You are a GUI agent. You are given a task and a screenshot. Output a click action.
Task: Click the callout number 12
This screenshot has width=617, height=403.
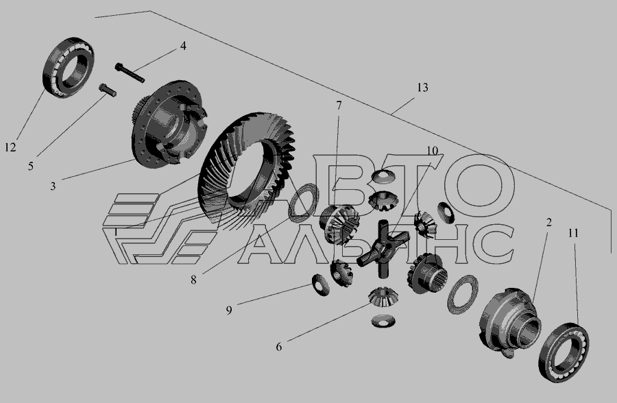click(10, 147)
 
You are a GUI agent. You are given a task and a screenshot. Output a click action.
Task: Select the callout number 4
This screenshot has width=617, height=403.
click(183, 46)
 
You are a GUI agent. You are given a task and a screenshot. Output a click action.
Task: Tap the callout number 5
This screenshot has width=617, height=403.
click(31, 166)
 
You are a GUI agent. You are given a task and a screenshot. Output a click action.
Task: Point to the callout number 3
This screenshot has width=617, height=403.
click(53, 186)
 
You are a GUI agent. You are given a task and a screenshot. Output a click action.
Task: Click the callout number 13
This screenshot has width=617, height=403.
click(422, 87)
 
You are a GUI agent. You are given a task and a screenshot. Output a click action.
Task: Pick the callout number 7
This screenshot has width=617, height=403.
click(339, 106)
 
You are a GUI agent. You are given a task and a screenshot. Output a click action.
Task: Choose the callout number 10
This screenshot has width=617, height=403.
click(432, 151)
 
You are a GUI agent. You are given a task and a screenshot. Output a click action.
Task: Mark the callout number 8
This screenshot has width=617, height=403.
click(193, 280)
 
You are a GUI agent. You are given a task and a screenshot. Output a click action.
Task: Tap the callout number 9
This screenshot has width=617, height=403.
click(229, 310)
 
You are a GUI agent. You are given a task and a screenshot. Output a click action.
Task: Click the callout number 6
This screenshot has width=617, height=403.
click(278, 347)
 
